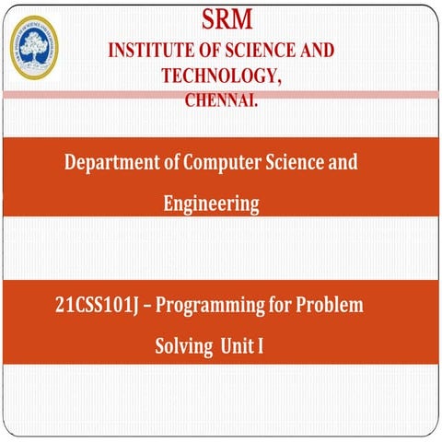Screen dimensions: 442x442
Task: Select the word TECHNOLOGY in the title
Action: [x=215, y=76]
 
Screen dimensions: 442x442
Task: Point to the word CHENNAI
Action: [x=221, y=99]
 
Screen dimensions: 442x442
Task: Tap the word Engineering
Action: [x=211, y=204]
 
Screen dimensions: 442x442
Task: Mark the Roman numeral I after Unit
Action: [x=261, y=348]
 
